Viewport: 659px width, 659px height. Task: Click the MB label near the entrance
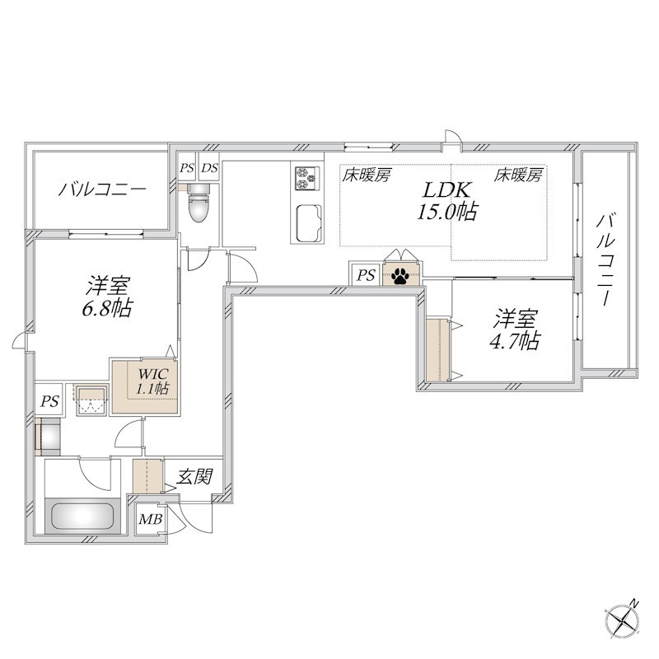point(149,520)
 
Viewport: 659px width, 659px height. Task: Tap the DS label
point(210,168)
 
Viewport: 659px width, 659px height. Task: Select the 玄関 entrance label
point(195,476)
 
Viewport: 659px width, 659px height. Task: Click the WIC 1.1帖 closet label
point(152,382)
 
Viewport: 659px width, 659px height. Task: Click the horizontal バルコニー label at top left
point(102,189)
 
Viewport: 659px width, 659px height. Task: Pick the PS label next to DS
point(187,168)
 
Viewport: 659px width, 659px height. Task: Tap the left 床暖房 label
point(367,175)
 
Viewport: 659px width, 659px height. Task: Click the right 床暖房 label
point(519,175)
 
